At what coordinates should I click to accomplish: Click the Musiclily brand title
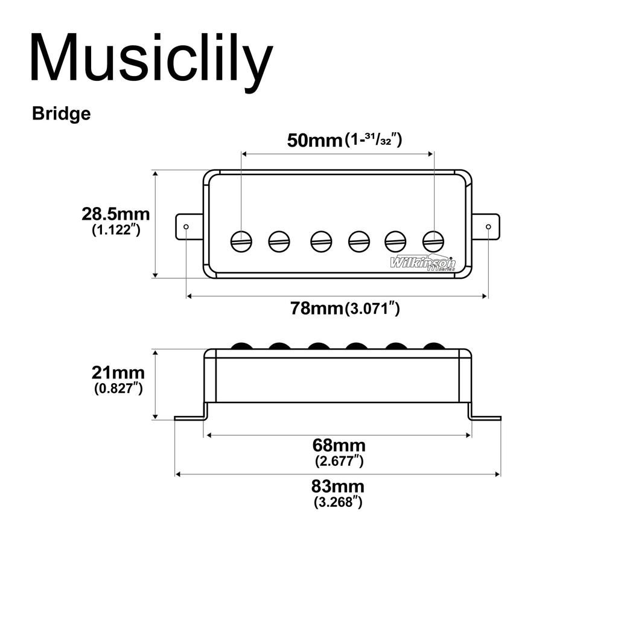click(x=151, y=59)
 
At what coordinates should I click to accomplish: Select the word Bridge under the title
click(x=62, y=113)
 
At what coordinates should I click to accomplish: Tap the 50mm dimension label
click(x=314, y=141)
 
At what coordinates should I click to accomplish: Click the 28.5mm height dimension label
click(x=116, y=214)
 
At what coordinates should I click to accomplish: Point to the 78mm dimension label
click(x=317, y=308)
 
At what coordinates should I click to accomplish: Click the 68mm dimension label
click(x=339, y=445)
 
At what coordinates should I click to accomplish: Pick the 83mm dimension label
click(x=338, y=486)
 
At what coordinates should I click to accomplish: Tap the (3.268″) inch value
click(x=338, y=502)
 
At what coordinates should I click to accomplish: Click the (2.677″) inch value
click(x=339, y=461)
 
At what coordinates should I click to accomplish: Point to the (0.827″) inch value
click(x=118, y=388)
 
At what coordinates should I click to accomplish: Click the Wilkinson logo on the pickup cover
click(x=422, y=263)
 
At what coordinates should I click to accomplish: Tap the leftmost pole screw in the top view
click(x=241, y=241)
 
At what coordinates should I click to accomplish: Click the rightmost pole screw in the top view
click(x=433, y=241)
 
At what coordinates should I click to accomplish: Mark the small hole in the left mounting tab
click(x=186, y=227)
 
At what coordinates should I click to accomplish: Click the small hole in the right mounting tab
click(x=488, y=227)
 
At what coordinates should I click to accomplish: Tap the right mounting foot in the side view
click(x=486, y=417)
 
